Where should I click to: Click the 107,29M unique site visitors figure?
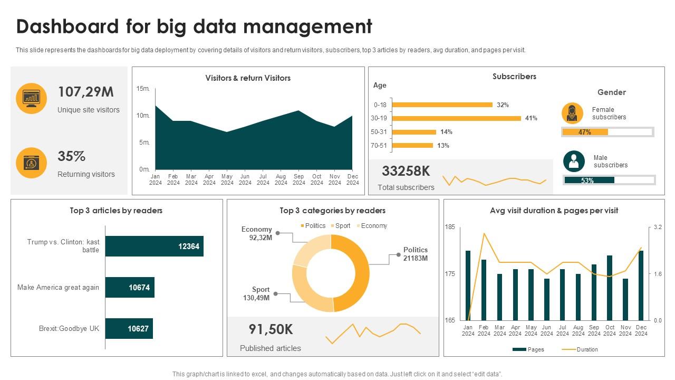coord(85,92)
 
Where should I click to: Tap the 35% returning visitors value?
coord(72,157)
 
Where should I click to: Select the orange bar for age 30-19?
coord(457,118)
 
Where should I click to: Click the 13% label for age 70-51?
coord(443,146)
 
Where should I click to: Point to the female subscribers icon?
coord(572,113)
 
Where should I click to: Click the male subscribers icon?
coord(574,161)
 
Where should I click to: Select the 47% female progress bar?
coord(607,132)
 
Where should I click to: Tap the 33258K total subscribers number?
coord(406,171)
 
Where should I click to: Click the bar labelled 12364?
coord(155,246)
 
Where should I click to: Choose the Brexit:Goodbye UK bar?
coord(129,328)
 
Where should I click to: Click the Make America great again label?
coord(58,288)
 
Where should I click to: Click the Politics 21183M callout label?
coord(416,254)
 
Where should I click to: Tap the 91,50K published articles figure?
coord(271,329)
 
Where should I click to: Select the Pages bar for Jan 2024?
coord(468,286)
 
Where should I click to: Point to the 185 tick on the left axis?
coord(450,227)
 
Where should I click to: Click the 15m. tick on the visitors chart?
coord(143,89)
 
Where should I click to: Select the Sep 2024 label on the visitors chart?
coord(299,179)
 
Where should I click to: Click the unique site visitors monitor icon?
coord(32,99)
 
